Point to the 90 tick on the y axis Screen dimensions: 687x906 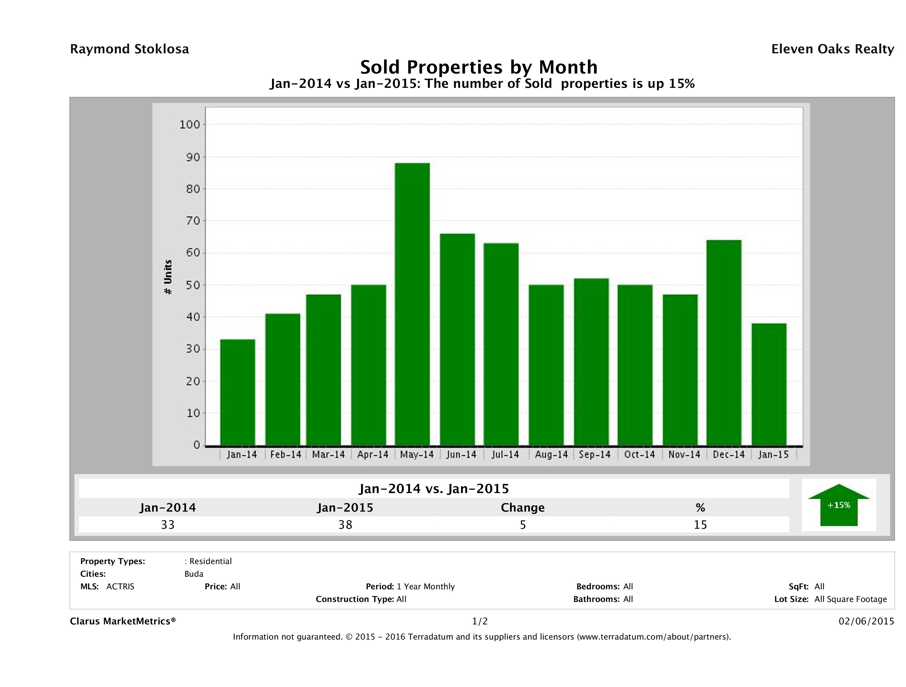tap(190, 157)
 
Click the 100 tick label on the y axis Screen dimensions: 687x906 tap(189, 124)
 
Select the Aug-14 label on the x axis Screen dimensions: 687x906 tap(551, 454)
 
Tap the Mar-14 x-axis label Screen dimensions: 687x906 tap(328, 454)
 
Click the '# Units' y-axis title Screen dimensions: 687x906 tap(168, 277)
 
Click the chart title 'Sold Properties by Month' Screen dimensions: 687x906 tap(478, 67)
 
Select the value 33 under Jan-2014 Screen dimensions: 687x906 tap(168, 525)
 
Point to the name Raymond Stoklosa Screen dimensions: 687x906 tap(129, 49)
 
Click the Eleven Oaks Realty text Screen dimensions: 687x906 tap(832, 49)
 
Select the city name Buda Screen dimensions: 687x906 tap(194, 574)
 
